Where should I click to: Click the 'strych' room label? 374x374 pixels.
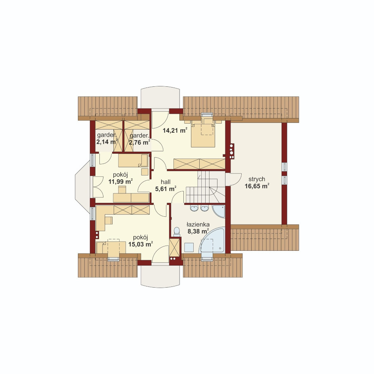(x=257, y=179)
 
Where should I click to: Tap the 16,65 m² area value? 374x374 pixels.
(x=257, y=186)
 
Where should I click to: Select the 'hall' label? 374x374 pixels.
(x=166, y=182)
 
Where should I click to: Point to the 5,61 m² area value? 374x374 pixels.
(x=166, y=189)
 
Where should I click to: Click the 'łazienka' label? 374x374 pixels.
(x=198, y=225)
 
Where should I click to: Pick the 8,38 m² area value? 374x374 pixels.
(x=198, y=231)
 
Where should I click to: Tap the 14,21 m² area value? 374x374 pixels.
(x=175, y=130)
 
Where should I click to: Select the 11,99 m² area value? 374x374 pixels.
(x=120, y=181)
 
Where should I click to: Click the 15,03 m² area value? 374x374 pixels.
(x=141, y=244)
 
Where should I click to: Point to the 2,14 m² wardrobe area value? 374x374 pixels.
(x=107, y=142)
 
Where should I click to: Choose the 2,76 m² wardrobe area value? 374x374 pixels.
(x=139, y=142)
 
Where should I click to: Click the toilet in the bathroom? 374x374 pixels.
(x=177, y=232)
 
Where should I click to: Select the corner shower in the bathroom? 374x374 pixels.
(x=219, y=211)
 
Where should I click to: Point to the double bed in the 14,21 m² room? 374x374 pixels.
(x=203, y=134)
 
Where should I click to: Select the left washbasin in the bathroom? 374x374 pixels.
(x=194, y=208)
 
